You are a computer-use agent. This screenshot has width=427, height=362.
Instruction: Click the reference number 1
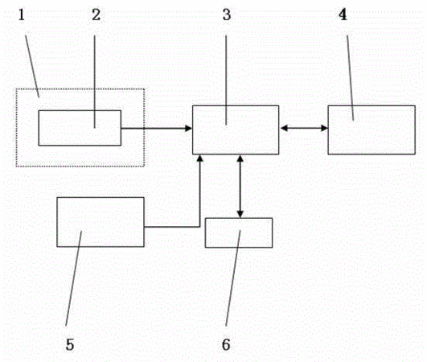pos(21,15)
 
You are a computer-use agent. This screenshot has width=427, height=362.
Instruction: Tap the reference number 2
pos(96,15)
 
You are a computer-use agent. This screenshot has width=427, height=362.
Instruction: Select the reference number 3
pos(227,15)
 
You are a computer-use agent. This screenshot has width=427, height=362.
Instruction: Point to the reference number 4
pos(343,15)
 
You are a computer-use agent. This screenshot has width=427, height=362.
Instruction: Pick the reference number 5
pos(70,344)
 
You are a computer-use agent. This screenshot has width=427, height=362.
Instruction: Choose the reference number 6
pos(226,344)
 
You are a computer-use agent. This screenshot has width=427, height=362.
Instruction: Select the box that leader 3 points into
pos(236,130)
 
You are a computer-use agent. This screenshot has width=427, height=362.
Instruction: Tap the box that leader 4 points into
pos(372,130)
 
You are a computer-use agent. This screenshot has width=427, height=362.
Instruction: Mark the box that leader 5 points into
pos(101,222)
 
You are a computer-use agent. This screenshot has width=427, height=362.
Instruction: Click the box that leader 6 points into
pos(239,232)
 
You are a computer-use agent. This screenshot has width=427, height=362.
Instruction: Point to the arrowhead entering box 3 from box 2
pos(189,128)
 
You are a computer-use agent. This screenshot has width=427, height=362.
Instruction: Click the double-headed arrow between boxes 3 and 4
pos(304,128)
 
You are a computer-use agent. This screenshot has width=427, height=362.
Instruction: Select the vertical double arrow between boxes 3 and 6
pos(240,187)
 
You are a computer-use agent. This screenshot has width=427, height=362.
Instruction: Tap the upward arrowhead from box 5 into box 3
pos(200,158)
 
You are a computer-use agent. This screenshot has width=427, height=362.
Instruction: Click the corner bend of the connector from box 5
pos(199,226)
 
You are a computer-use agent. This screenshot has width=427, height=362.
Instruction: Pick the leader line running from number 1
pos(32,66)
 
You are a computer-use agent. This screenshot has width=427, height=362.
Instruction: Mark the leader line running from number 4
pos(351,78)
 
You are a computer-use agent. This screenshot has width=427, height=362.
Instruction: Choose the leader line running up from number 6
pos(233,278)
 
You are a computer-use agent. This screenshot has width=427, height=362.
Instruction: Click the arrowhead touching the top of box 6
pos(240,214)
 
